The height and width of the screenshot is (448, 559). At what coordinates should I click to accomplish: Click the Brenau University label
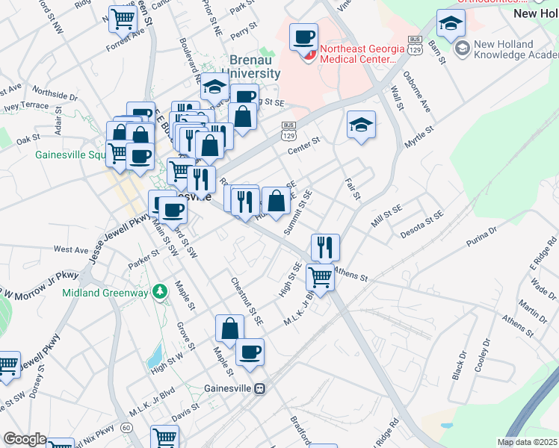tap(244, 67)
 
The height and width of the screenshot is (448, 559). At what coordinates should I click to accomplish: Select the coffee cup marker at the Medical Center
tap(303, 38)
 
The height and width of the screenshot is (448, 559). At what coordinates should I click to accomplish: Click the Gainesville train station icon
tap(259, 388)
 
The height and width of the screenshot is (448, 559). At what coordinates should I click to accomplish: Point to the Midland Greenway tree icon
tap(158, 291)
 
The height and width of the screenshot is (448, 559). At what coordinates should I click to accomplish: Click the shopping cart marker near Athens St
tap(321, 278)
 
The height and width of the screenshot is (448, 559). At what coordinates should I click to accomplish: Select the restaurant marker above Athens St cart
tap(325, 247)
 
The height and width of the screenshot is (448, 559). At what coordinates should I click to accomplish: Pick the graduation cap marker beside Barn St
tap(451, 25)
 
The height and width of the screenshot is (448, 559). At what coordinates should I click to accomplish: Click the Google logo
tap(24, 439)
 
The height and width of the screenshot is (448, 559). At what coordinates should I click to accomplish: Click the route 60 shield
tap(127, 427)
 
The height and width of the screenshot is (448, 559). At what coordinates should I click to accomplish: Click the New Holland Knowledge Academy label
tap(512, 49)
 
